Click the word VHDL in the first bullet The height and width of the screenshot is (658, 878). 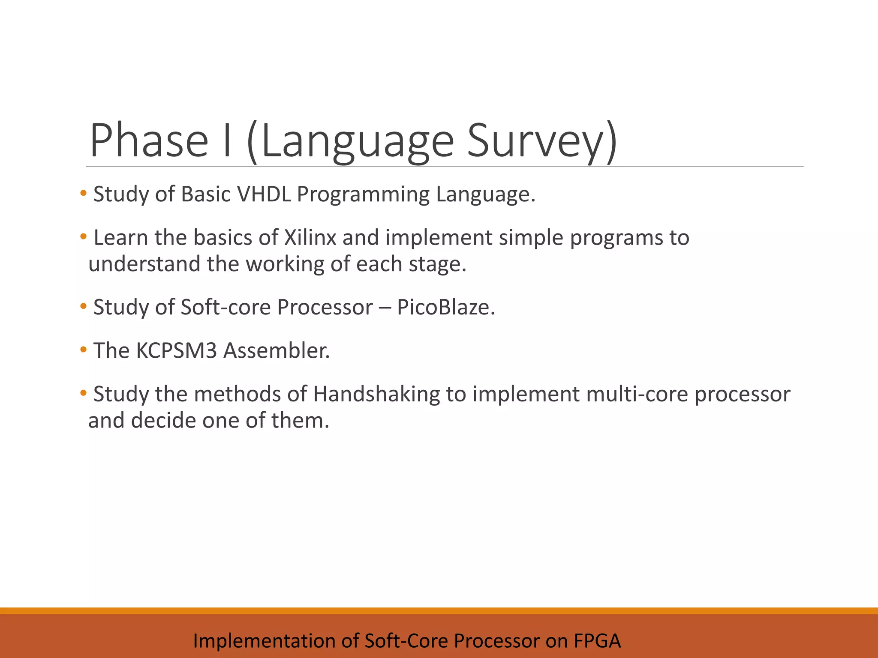tap(264, 194)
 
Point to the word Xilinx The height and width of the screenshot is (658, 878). tap(310, 238)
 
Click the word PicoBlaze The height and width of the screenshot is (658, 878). tap(445, 307)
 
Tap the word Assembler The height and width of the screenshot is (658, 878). tap(277, 350)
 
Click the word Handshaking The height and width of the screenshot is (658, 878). tap(376, 394)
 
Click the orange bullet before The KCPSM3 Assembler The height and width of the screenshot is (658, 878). tap(83, 350)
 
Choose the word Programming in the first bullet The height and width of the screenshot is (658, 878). tap(363, 194)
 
